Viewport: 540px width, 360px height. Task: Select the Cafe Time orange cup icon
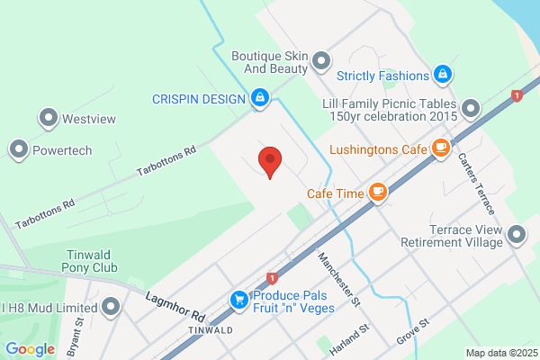coord(379,191)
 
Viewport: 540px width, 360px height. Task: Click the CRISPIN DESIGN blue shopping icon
coord(260,97)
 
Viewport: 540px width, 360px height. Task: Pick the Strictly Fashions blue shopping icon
coord(442,74)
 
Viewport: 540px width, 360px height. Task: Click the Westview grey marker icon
coord(48,118)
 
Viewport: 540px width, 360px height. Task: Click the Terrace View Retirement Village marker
coord(517,236)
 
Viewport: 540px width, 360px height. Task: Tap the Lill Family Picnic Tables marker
coord(471,110)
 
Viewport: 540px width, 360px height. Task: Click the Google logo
coord(30,349)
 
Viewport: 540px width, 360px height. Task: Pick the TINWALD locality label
coord(209,330)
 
